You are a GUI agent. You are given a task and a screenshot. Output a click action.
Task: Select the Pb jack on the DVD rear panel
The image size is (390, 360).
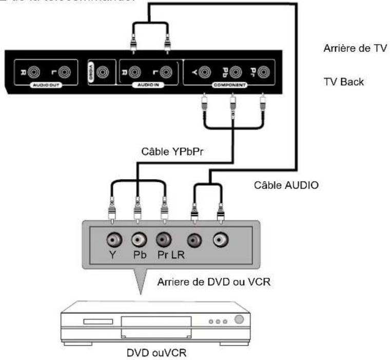point(137,240)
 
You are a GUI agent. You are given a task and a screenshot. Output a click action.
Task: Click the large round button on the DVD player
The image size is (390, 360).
point(239,318)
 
